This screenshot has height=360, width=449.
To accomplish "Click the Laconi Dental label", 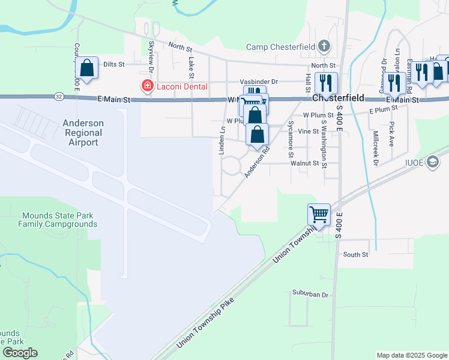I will [182, 86].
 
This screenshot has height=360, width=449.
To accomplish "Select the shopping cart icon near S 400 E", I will [318, 213].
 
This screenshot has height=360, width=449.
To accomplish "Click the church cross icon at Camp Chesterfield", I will [324, 46].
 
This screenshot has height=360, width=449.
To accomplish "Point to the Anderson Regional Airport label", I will [83, 133].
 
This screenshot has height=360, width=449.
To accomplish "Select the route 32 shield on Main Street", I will [57, 96].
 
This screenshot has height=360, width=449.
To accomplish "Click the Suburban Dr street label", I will [310, 295].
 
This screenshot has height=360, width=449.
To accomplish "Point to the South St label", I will [355, 255].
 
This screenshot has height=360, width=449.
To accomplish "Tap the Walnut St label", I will [303, 163].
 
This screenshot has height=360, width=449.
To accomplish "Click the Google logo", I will [20, 353].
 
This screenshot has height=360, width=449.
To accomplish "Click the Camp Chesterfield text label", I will [281, 47].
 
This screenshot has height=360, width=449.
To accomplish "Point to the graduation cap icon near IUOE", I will [433, 163].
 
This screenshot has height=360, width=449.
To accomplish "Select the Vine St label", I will [308, 131].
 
